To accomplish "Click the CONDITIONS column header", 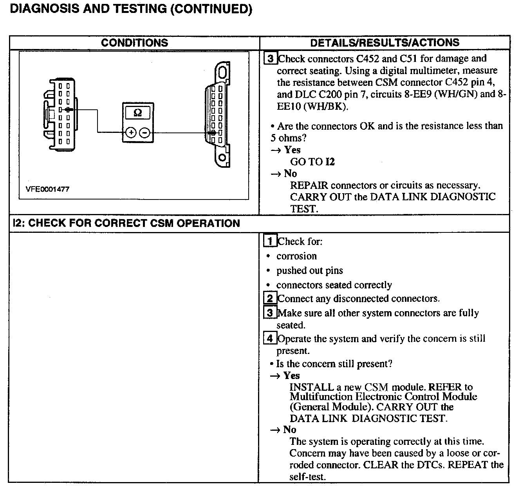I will click(x=134, y=43).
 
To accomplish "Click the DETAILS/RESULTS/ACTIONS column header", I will click(x=385, y=43).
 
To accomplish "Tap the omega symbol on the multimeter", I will click(x=138, y=113).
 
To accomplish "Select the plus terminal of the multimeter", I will click(x=131, y=133).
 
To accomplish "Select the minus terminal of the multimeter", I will click(x=144, y=133).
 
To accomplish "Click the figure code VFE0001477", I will click(x=47, y=189).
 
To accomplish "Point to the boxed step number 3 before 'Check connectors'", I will click(x=270, y=59).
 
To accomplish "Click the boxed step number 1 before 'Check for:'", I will click(x=270, y=241).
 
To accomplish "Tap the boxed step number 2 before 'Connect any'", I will click(x=270, y=299).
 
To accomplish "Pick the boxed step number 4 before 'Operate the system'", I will click(x=270, y=338).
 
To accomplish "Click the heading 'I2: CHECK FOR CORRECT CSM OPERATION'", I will click(x=126, y=223).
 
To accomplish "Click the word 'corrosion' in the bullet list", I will click(x=296, y=256).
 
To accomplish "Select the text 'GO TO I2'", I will click(x=312, y=162).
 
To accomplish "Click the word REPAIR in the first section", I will click(x=309, y=185).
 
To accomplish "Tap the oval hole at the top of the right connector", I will click(x=222, y=73).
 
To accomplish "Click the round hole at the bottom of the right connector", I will click(x=222, y=158).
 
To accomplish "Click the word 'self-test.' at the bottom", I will click(x=307, y=477).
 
